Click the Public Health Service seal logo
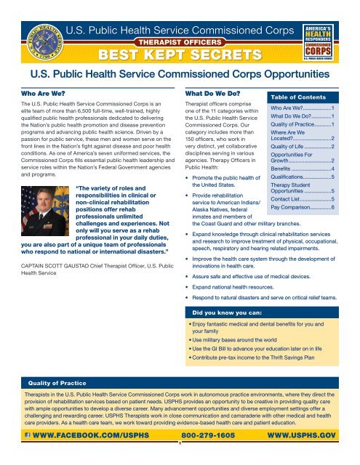tap(33, 32)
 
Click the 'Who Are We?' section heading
tap(36, 94)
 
